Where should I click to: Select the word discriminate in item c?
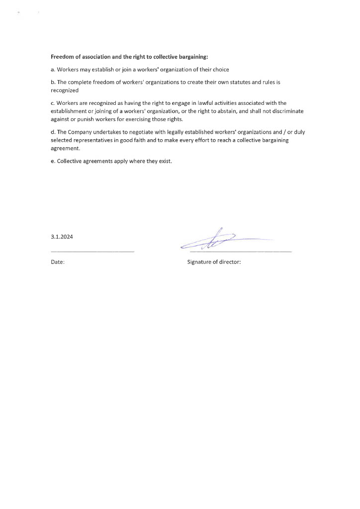(287, 111)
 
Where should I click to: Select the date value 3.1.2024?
(62, 237)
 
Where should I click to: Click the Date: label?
(58, 261)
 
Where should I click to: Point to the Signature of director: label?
(214, 261)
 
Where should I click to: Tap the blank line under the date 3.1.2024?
(92, 252)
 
